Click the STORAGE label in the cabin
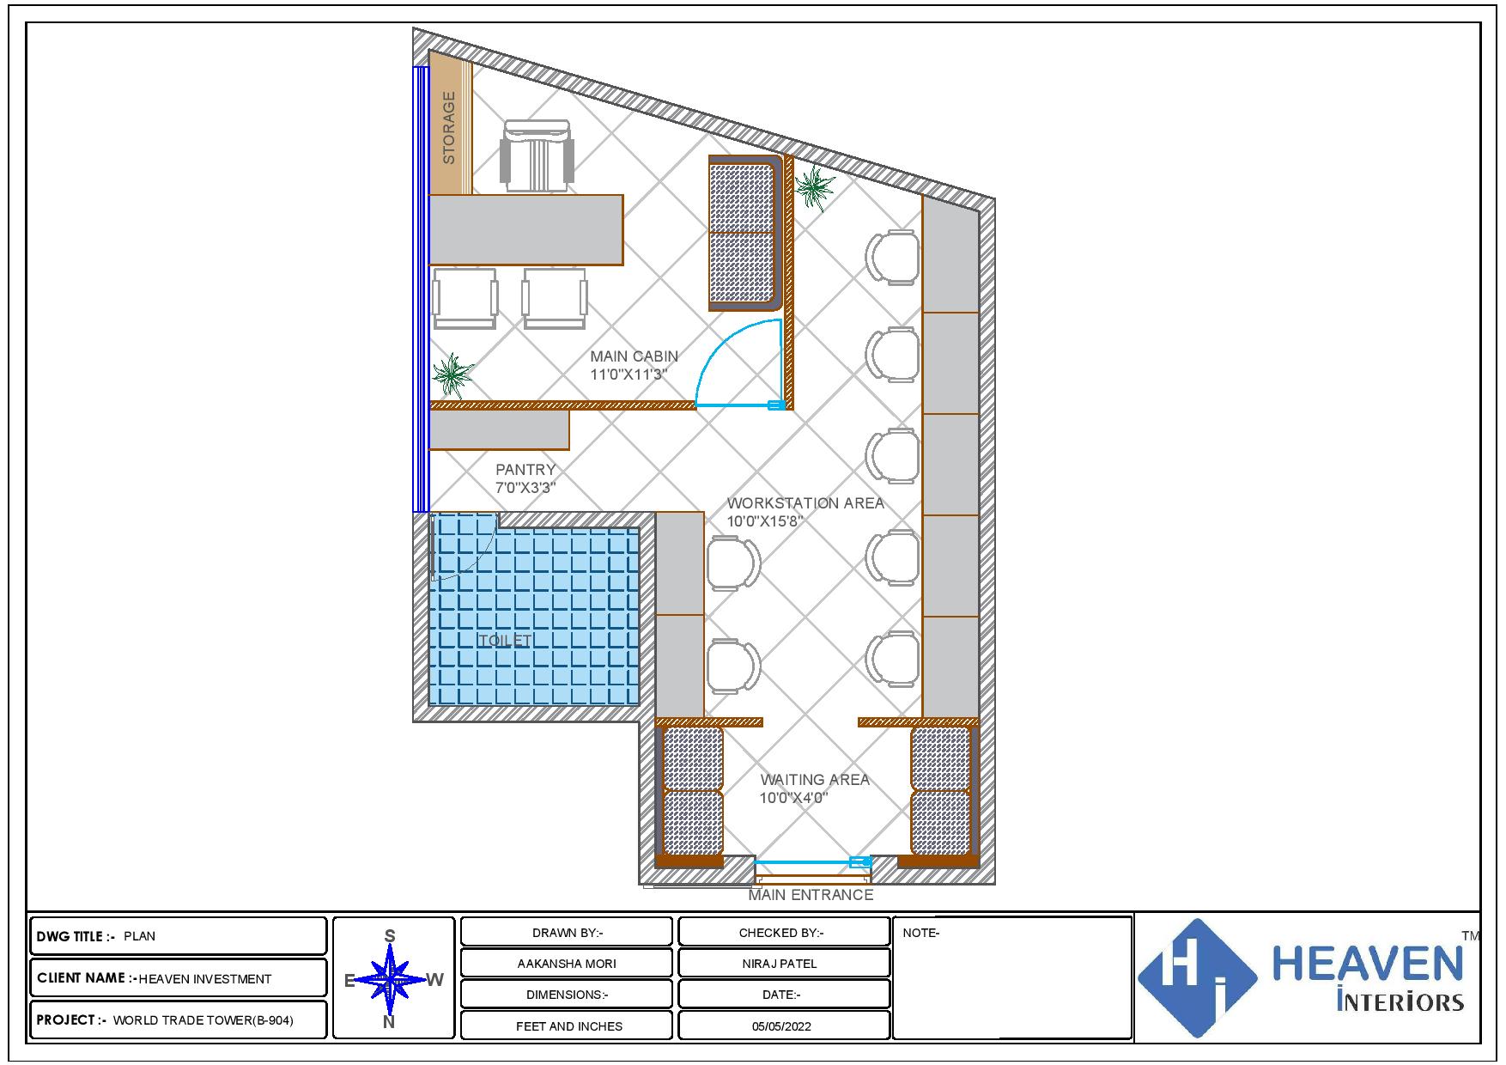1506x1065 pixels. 449,128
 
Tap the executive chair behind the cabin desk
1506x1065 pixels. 537,155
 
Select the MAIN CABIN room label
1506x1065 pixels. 634,356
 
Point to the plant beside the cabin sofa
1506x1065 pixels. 813,186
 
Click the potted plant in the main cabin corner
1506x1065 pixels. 452,375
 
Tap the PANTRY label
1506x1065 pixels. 525,470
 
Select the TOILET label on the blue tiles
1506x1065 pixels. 506,641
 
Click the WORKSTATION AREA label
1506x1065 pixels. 805,503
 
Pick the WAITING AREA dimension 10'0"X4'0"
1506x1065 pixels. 793,798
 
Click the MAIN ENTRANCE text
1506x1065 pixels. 811,895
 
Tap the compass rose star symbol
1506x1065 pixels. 391,979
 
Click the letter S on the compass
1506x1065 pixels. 390,935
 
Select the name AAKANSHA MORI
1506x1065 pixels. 567,964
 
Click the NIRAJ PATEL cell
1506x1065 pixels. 780,964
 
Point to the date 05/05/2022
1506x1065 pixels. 781,1026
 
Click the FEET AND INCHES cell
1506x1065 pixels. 569,1026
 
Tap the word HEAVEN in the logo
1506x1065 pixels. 1367,964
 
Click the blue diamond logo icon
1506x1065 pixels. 1197,978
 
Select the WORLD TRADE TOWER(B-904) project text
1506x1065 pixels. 203,1021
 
